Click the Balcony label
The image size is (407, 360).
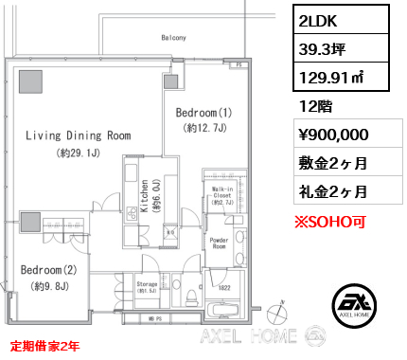[x=172, y=38]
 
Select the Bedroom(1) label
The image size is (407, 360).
[x=203, y=112]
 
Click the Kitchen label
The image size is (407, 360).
[x=144, y=198]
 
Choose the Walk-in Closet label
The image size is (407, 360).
[x=223, y=196]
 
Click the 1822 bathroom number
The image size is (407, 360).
[x=225, y=288]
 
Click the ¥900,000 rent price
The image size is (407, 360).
[x=327, y=135]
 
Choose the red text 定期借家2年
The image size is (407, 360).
[x=44, y=346]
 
